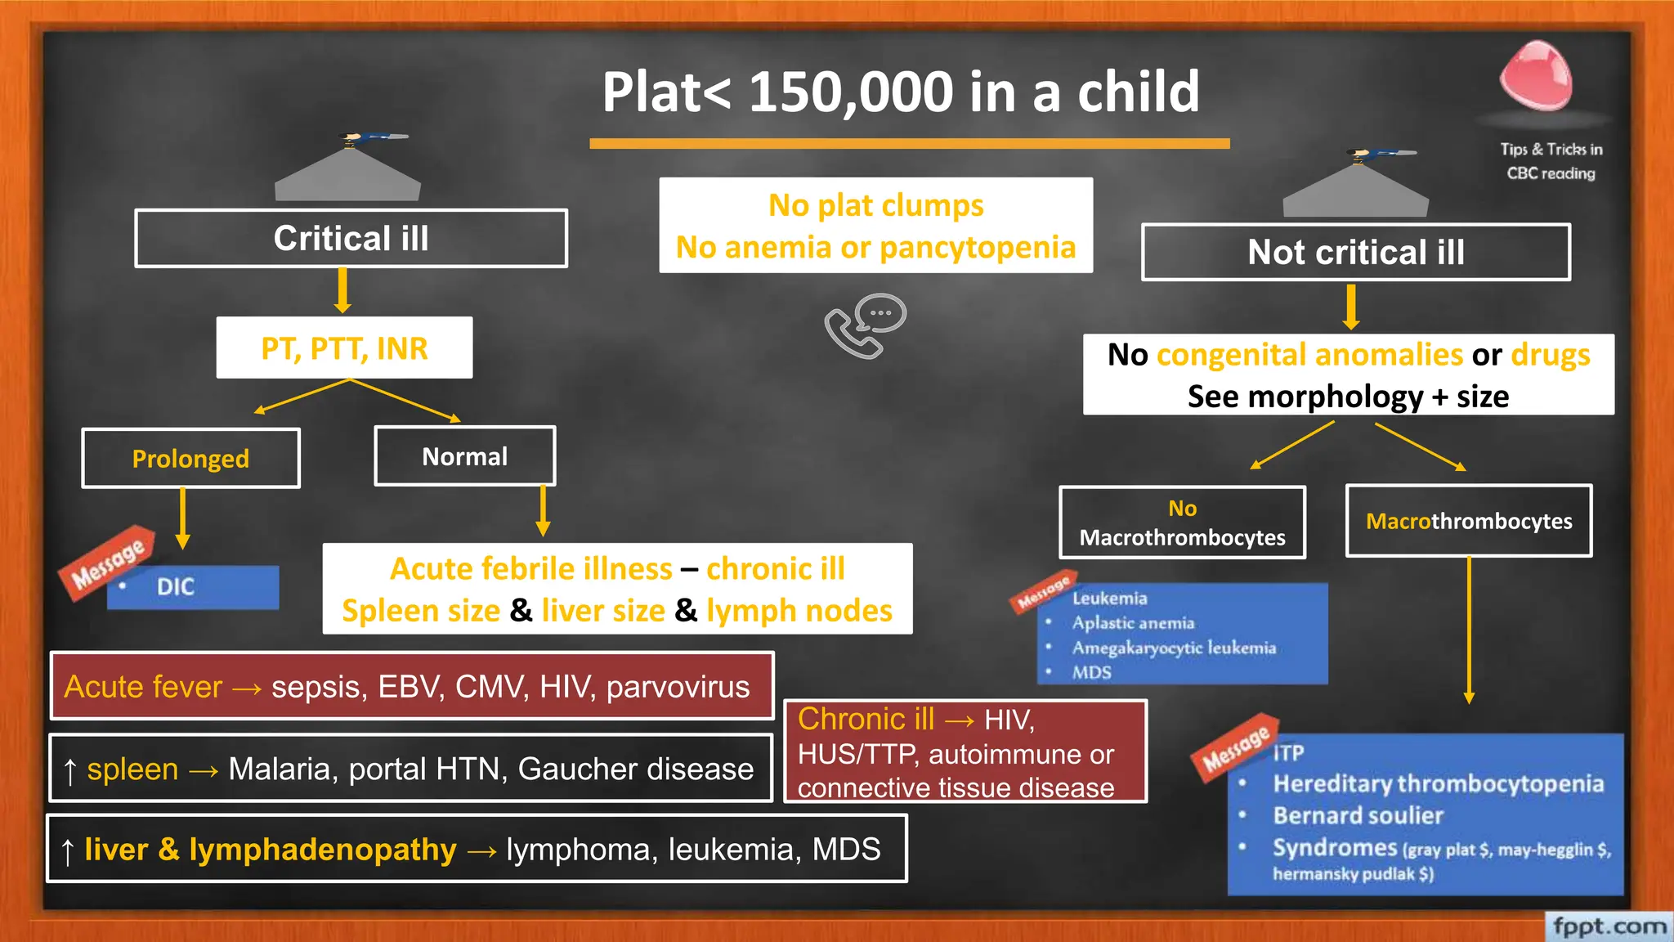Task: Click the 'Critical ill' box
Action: [351, 239]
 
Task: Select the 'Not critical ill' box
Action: [1355, 253]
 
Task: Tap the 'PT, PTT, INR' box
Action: [344, 348]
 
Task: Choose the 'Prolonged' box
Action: [190, 459]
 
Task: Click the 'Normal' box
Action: [464, 456]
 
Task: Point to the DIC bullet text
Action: [176, 587]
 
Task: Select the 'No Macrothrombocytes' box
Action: [1182, 523]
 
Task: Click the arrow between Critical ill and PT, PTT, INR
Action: [342, 290]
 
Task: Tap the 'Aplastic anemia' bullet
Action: [1133, 623]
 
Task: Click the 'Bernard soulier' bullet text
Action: [1358, 816]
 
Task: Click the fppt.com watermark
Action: [1609, 926]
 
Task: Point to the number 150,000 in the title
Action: [850, 92]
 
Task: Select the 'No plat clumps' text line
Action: [875, 205]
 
